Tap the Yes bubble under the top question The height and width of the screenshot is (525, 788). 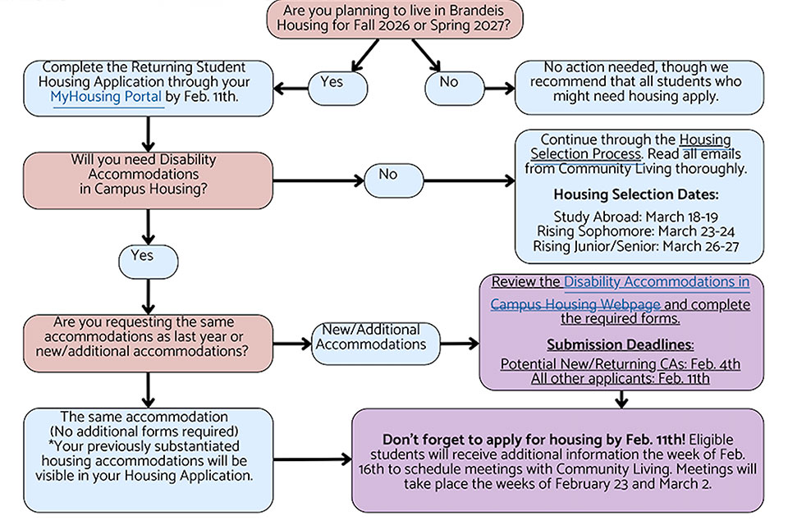click(332, 83)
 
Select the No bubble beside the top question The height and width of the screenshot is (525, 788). click(449, 83)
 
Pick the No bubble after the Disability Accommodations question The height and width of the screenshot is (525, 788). click(387, 175)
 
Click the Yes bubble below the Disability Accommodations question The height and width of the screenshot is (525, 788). click(142, 256)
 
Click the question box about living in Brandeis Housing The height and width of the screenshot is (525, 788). click(387, 18)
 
